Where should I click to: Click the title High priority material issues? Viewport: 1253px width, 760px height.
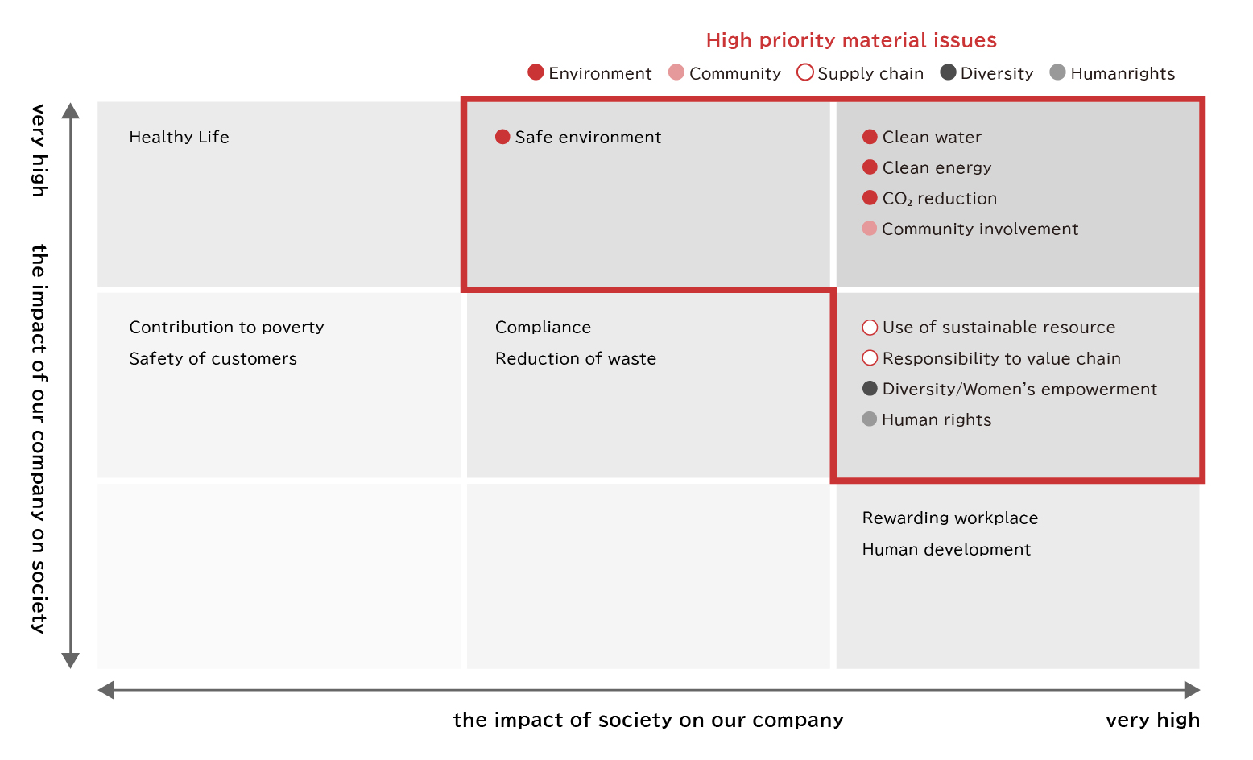(x=851, y=40)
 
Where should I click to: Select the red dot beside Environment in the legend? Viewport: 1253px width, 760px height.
(x=536, y=72)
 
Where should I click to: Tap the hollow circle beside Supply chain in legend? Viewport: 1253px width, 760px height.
(x=804, y=72)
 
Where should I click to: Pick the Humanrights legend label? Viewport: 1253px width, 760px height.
(x=1122, y=73)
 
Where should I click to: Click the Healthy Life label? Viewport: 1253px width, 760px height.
(x=179, y=137)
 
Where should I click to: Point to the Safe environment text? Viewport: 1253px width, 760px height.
(x=588, y=137)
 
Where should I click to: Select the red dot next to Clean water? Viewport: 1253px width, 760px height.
(x=869, y=137)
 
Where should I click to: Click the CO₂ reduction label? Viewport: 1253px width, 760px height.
(x=939, y=199)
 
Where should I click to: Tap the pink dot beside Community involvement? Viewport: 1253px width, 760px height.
(x=869, y=228)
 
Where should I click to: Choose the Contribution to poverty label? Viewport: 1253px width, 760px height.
(x=226, y=327)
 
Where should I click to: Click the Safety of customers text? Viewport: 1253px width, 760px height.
(x=213, y=358)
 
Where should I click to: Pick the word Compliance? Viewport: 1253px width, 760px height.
(x=543, y=327)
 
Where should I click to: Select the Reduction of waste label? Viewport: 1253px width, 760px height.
(x=576, y=358)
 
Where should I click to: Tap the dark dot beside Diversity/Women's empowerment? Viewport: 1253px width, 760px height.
(x=869, y=388)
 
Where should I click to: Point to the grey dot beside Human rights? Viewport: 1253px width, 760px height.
(x=869, y=419)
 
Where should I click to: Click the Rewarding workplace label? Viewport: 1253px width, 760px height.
(x=950, y=518)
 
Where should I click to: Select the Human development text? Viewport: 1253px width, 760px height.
(x=946, y=549)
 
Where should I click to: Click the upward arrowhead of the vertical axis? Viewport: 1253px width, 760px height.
(x=71, y=111)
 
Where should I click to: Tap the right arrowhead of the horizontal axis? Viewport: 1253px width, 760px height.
(x=1192, y=690)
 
